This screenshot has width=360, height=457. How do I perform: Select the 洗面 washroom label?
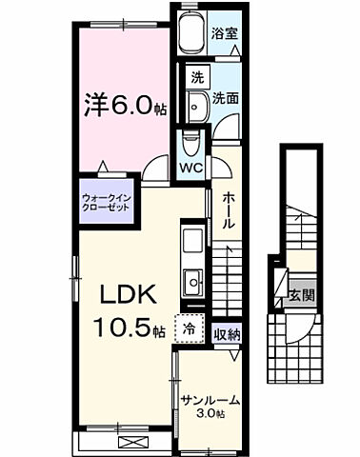(225, 97)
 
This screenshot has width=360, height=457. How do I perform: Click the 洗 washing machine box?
(195, 76)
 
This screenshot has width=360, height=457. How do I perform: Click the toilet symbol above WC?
(190, 143)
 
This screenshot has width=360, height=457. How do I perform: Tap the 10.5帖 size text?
(129, 330)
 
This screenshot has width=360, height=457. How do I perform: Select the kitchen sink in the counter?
(193, 279)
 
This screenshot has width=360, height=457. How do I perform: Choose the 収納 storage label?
(226, 333)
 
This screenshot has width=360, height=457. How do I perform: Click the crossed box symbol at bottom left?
(130, 441)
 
